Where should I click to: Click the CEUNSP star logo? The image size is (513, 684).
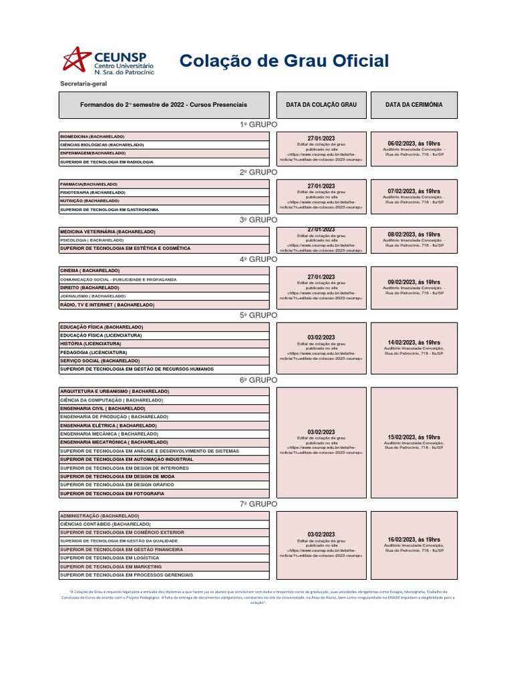tap(75, 59)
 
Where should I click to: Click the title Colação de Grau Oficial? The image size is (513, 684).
tap(284, 61)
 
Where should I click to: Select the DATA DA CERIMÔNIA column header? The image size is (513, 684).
tap(413, 105)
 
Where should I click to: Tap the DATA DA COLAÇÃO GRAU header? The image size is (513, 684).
tap(321, 105)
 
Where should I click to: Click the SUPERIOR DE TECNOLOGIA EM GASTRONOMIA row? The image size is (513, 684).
tap(110, 209)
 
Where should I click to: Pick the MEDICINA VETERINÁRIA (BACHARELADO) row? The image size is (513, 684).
tap(108, 232)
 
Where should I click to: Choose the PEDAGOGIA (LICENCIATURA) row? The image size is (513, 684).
tap(94, 352)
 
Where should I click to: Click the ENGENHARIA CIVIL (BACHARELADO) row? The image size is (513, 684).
tap(102, 408)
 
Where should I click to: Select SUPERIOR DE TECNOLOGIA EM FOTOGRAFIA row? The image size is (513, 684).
tap(112, 493)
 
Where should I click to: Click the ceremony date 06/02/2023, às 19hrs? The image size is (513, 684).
tap(413, 144)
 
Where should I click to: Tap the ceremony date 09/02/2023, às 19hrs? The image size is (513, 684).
tap(413, 283)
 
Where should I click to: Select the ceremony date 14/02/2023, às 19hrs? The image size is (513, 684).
tap(413, 342)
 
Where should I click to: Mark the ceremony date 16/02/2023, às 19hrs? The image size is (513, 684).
tap(413, 539)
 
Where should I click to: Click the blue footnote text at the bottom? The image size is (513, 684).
tap(258, 597)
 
